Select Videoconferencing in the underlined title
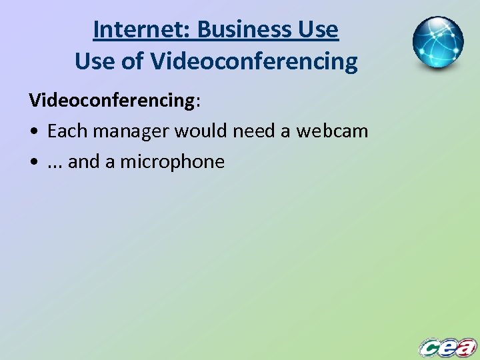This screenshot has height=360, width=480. click(254, 62)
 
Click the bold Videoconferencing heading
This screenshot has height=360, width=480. click(111, 100)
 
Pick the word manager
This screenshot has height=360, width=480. click(131, 131)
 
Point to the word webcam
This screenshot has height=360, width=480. click(332, 131)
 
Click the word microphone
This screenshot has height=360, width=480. click(172, 161)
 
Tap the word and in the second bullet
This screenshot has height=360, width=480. click(83, 161)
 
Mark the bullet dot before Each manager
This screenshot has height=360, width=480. click(33, 131)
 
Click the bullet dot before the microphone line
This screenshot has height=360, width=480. click(33, 162)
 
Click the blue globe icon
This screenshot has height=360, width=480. click(438, 43)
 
